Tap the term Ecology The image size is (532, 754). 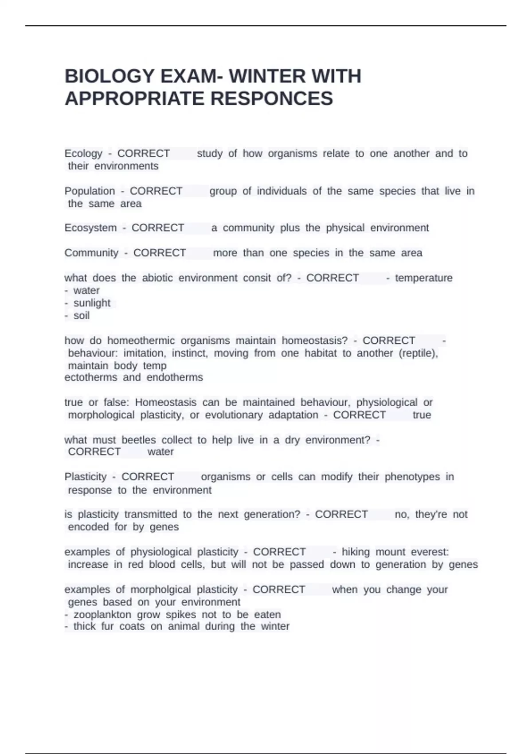[83, 153]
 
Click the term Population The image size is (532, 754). [90, 191]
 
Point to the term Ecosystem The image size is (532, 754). [90, 228]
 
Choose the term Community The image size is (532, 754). [91, 253]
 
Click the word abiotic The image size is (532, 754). [157, 278]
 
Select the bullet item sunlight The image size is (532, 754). [92, 303]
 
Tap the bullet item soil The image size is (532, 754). [82, 315]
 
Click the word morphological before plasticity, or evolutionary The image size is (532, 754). [101, 415]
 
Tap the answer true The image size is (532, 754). [422, 415]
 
